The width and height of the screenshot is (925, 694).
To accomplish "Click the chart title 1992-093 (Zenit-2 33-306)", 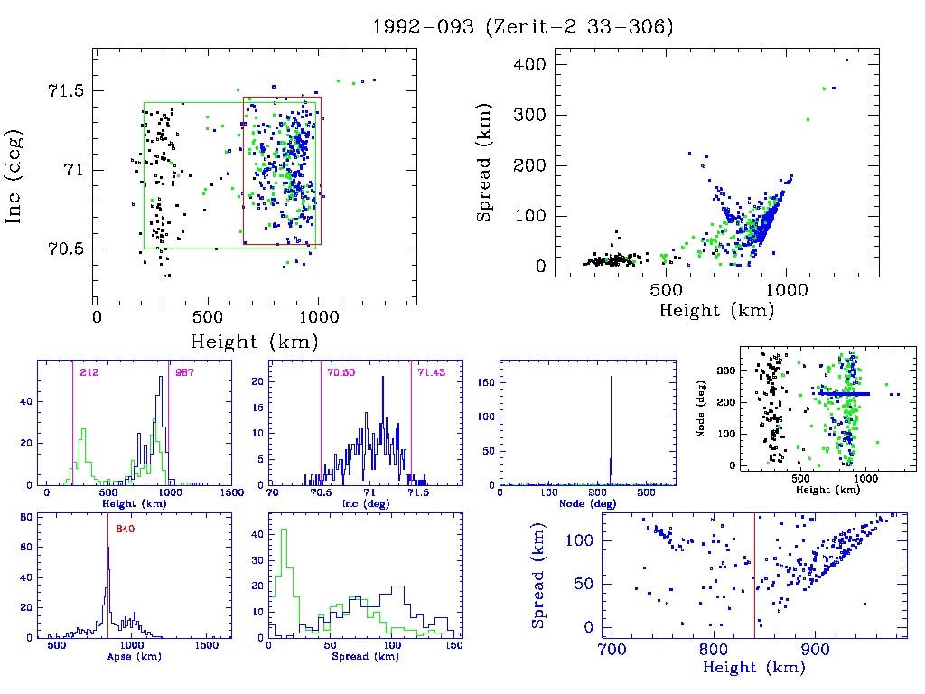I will click(x=523, y=27).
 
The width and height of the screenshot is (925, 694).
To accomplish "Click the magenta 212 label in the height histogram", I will click(x=89, y=372).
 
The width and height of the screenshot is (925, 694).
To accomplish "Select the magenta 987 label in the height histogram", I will click(x=184, y=372).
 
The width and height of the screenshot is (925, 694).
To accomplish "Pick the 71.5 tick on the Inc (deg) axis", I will click(x=65, y=92).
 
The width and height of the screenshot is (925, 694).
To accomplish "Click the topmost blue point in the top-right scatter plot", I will click(x=846, y=61).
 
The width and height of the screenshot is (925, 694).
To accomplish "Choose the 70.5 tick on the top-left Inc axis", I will click(x=65, y=249).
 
